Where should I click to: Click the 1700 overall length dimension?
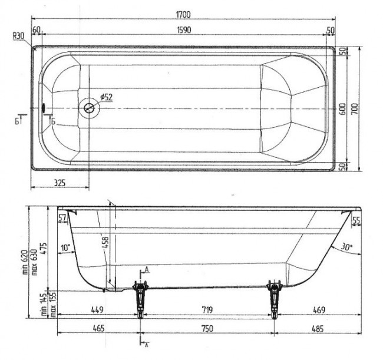(x=183, y=14)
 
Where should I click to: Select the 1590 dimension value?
(x=184, y=30)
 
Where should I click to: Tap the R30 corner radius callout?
(x=19, y=36)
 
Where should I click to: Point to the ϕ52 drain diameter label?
(x=107, y=97)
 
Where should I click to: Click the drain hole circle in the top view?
(x=89, y=108)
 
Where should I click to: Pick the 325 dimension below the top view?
(x=60, y=183)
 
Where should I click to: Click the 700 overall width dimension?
(x=355, y=109)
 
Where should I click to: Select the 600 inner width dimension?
(x=342, y=109)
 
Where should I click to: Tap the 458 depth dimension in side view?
(x=105, y=243)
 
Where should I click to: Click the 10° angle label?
(x=65, y=247)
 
